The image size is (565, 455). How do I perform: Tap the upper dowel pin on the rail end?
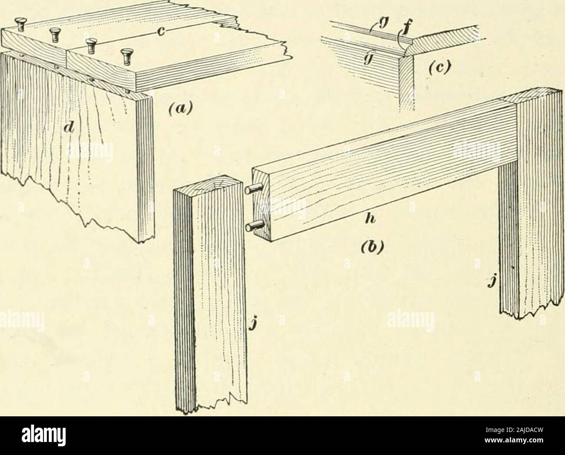click(254, 190)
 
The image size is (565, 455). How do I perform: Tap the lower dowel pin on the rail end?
click(254, 226)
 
